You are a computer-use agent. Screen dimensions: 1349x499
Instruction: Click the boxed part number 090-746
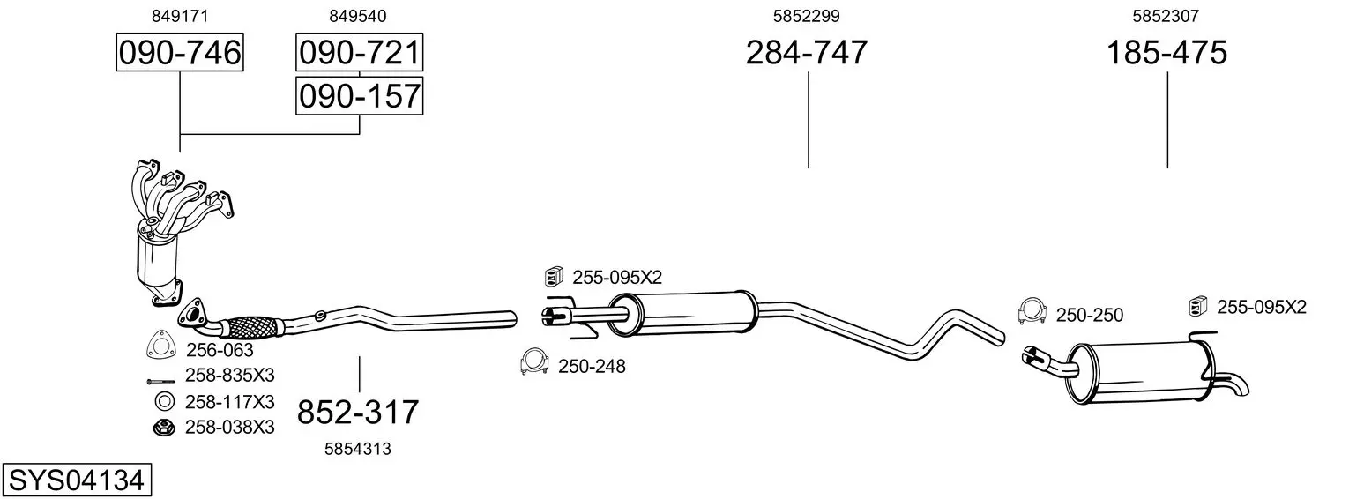pos(180,52)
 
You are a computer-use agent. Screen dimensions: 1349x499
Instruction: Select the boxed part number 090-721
pos(359,52)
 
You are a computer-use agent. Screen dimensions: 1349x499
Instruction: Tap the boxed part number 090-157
pos(359,96)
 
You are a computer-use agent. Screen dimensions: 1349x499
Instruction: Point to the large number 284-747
pos(807,52)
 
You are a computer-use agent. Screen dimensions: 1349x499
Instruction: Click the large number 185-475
pos(1166,52)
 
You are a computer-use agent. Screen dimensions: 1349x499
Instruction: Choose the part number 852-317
pos(358,413)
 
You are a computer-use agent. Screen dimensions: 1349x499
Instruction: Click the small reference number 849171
pos(180,16)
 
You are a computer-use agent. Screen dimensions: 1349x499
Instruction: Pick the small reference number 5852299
pos(807,16)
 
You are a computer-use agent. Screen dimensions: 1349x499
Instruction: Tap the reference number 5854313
pos(358,449)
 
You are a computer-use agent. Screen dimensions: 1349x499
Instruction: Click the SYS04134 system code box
pos(77,480)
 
